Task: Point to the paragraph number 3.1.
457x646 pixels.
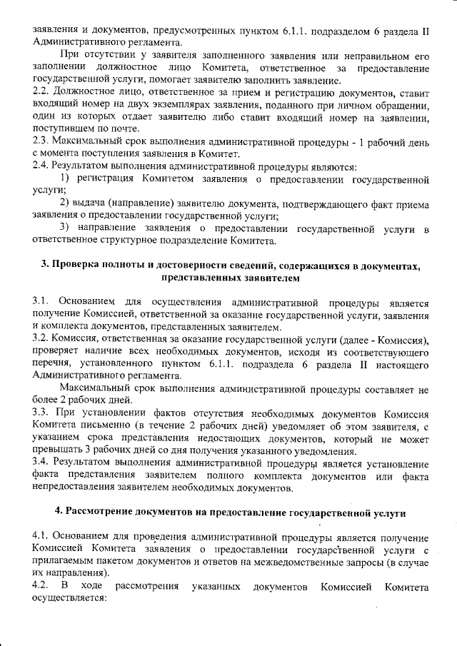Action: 41,303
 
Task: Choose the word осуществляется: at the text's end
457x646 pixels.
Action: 69,599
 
